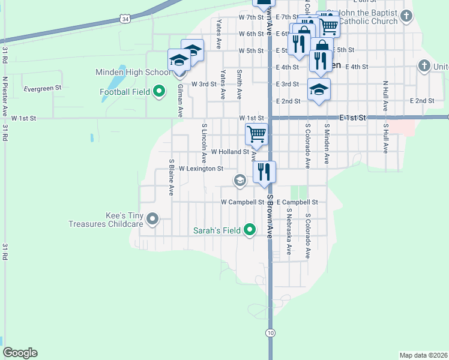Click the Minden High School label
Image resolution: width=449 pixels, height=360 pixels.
(x=133, y=72)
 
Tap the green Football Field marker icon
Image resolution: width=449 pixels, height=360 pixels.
(x=159, y=92)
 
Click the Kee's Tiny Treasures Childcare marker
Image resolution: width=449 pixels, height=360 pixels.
(x=152, y=219)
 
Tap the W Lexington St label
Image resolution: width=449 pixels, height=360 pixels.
(x=200, y=169)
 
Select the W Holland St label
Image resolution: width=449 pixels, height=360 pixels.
(x=230, y=152)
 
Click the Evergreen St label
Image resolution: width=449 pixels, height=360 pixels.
(x=43, y=88)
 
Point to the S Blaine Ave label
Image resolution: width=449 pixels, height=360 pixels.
(x=172, y=178)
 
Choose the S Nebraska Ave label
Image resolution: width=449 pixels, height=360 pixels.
(x=289, y=235)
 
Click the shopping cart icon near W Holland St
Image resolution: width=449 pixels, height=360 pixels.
(x=256, y=134)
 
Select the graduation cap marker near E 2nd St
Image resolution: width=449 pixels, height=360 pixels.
(x=319, y=90)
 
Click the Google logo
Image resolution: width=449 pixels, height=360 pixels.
(x=20, y=353)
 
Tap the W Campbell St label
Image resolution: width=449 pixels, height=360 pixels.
(x=243, y=202)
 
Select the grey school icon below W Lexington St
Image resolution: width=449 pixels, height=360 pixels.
(x=240, y=180)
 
